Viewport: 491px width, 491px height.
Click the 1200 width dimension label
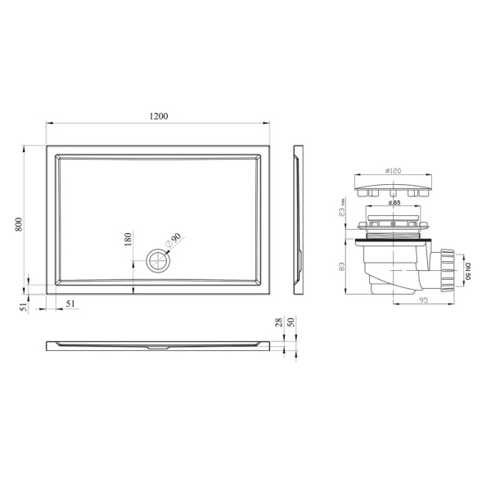coord(159,116)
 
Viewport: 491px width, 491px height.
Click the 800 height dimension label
coord(19,224)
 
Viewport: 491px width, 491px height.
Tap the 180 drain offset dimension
coord(128,239)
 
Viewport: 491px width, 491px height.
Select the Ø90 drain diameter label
coord(173,241)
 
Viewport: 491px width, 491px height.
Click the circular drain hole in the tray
coord(158,261)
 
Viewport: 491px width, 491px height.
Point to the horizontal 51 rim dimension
coord(70,304)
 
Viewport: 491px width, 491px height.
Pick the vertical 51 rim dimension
coord(24,307)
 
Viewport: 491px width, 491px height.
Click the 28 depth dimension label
coord(279,322)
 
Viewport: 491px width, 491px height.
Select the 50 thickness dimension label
coord(291,322)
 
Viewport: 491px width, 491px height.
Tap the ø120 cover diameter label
coord(393,171)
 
